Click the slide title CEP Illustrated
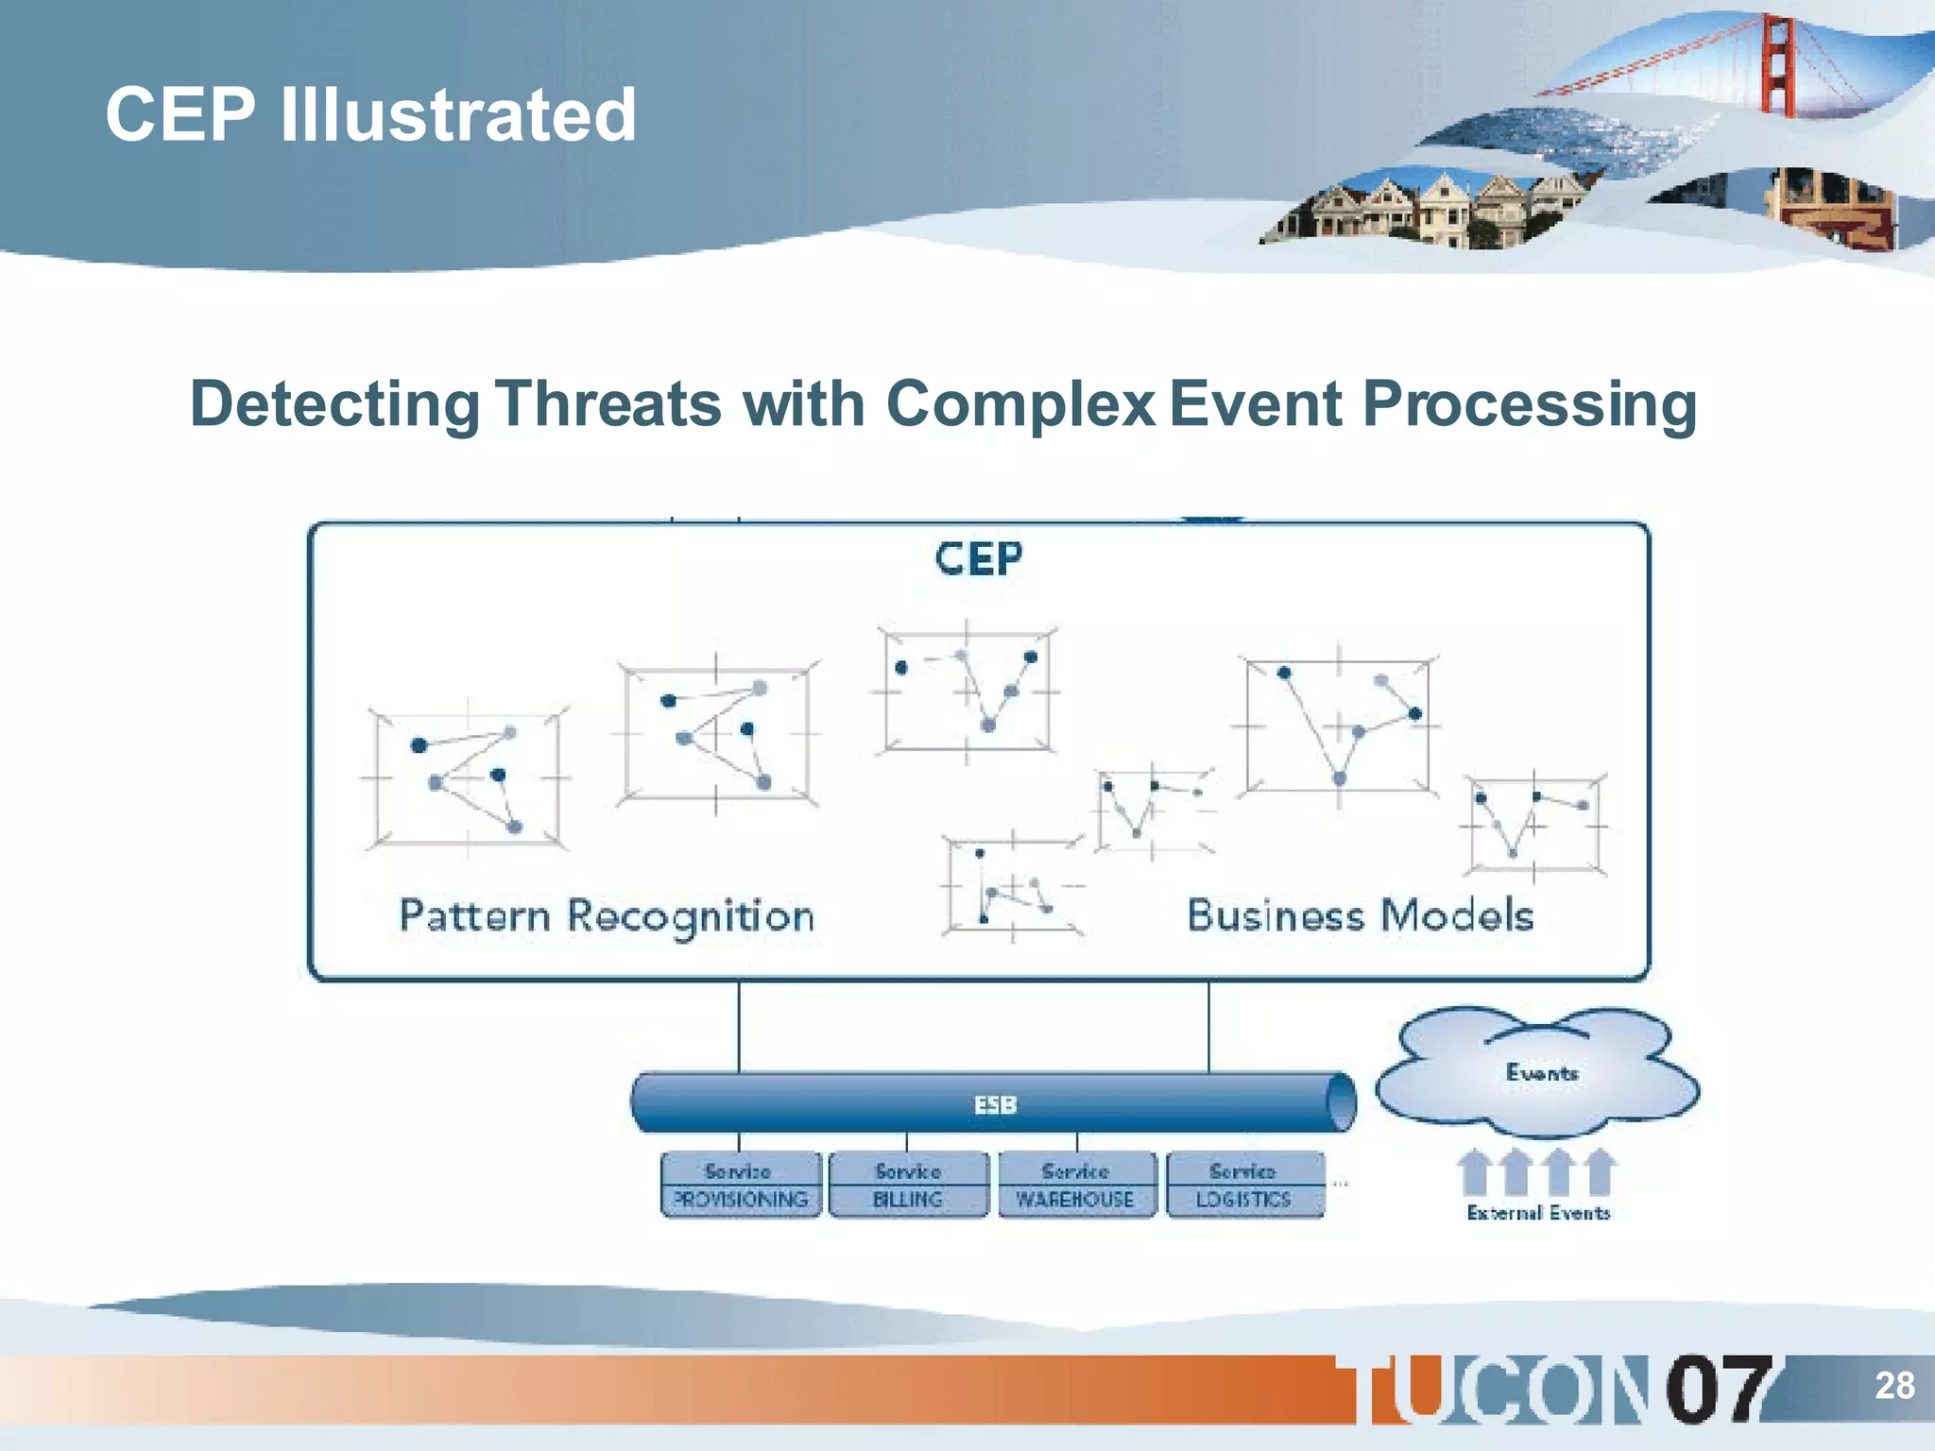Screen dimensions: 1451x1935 tap(370, 114)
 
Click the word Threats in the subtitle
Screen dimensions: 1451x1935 tap(609, 404)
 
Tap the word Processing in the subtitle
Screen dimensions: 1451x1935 tap(1529, 404)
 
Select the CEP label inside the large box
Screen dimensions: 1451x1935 tap(978, 558)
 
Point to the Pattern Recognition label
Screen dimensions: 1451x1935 tap(607, 916)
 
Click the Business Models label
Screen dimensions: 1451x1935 tap(1360, 915)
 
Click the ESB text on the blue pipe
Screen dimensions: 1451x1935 tap(995, 1104)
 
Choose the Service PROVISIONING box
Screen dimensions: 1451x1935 tap(741, 1185)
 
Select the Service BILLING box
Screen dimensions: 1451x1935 tap(908, 1185)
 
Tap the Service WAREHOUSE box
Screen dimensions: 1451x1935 tap(1076, 1185)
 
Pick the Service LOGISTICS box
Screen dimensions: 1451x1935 tap(1244, 1185)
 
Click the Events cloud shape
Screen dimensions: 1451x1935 tap(1538, 1073)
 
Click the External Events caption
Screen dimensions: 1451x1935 tap(1538, 1213)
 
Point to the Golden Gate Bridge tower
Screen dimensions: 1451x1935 tap(1776, 66)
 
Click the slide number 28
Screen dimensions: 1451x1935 tap(1893, 1385)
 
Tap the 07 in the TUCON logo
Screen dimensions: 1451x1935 tap(1716, 1389)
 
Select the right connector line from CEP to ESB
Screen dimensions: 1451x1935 tap(1208, 1027)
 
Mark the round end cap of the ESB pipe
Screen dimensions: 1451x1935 tap(1341, 1101)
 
